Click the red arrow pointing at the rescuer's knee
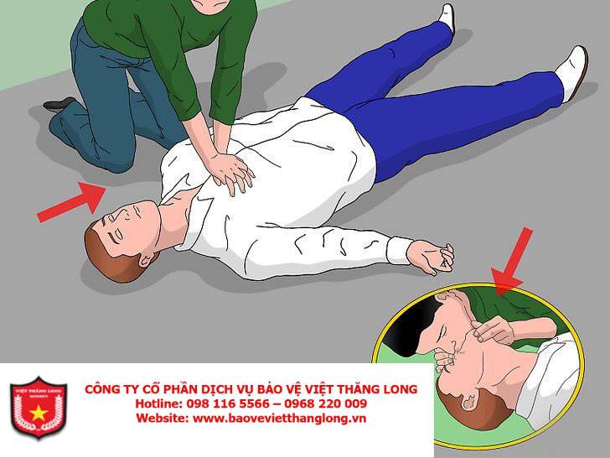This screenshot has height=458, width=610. click(72, 202)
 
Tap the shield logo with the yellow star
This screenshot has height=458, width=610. click(39, 408)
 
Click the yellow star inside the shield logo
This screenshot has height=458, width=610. click(39, 413)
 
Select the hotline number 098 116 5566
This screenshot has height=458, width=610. click(228, 403)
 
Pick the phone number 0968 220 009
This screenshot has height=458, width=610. click(326, 403)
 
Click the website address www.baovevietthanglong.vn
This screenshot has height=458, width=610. click(279, 419)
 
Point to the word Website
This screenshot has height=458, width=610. click(162, 419)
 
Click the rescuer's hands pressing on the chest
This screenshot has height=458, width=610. click(231, 172)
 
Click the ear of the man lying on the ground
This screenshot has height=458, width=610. click(147, 259)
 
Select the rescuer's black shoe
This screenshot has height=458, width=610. click(59, 104)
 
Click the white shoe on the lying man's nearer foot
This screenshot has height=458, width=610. click(572, 72)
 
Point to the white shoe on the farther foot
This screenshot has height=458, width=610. click(447, 17)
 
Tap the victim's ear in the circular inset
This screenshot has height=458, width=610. click(469, 401)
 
